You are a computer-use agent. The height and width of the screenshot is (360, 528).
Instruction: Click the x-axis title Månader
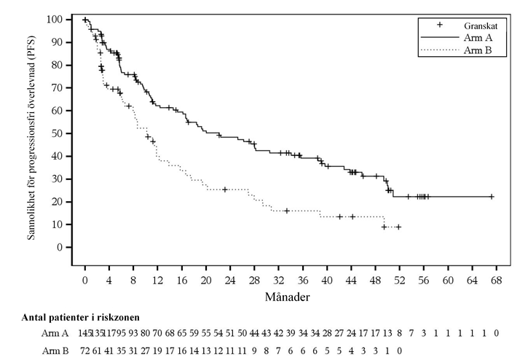click(x=290, y=297)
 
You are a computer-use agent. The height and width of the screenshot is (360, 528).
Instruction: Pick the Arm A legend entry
click(x=476, y=37)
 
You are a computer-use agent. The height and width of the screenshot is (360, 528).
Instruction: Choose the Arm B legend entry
click(x=476, y=50)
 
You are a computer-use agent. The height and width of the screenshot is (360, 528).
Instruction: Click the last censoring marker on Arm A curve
click(x=492, y=196)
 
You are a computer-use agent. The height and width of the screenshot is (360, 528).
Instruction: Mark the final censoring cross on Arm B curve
click(x=398, y=227)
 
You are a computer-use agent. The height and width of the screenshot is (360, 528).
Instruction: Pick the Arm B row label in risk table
click(x=55, y=349)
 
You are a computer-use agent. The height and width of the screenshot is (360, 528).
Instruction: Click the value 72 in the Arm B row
click(x=85, y=349)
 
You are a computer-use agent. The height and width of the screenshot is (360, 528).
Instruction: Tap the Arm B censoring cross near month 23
click(x=224, y=189)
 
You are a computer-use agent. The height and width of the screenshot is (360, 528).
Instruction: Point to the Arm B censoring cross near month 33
click(x=287, y=211)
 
